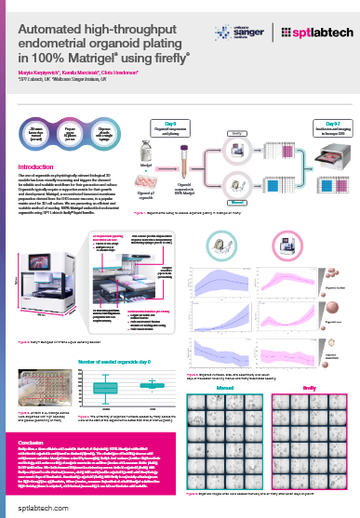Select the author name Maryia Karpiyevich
pyautogui.click(x=41, y=71)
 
